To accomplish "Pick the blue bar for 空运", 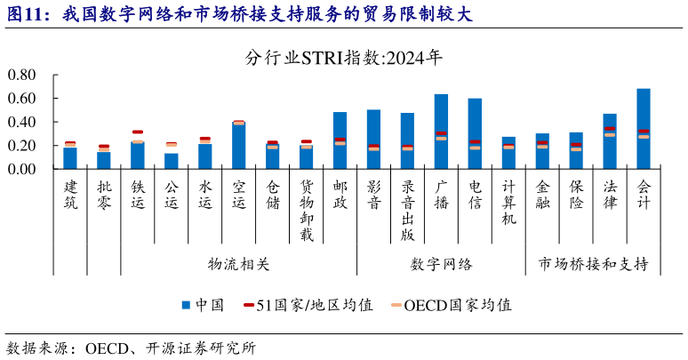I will click(x=238, y=146).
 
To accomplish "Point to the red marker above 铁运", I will click(x=138, y=132).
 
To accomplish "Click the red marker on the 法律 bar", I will click(x=610, y=129).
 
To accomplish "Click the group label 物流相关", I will click(x=237, y=264).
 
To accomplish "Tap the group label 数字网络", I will click(x=441, y=264).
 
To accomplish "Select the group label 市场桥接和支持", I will click(x=593, y=264).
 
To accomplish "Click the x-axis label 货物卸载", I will click(x=306, y=210).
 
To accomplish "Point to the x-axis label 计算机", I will click(x=508, y=203).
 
